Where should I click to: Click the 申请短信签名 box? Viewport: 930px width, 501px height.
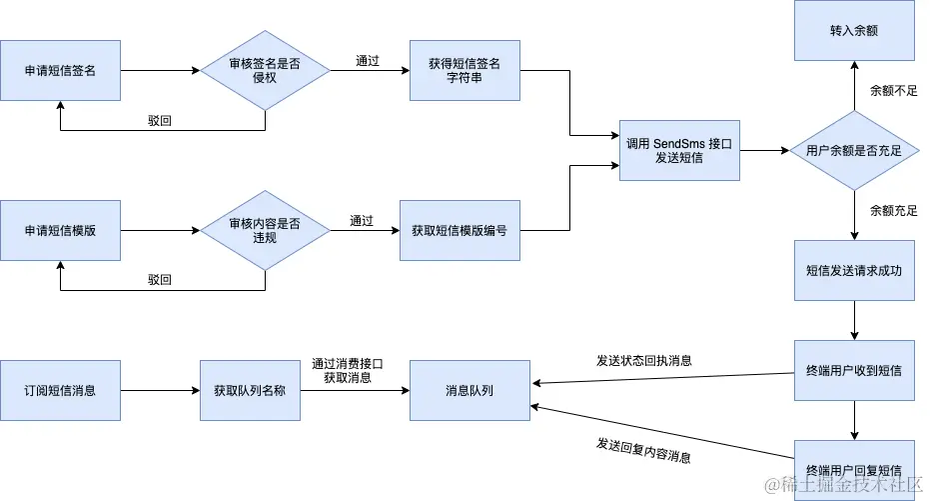60,70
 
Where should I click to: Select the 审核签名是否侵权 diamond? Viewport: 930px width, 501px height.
265,70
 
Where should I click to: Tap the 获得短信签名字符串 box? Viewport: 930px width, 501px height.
469,70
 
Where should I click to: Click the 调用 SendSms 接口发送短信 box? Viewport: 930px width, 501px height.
679,150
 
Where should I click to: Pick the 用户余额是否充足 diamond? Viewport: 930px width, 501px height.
854,150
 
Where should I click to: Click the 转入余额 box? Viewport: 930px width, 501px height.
854,31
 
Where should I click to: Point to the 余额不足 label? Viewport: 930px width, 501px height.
893,91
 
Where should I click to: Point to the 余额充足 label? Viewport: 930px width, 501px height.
893,211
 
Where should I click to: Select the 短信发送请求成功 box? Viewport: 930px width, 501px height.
854,270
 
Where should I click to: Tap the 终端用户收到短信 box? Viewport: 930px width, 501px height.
854,370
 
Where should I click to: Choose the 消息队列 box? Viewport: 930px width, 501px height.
469,390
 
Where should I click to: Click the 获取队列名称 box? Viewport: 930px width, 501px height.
250,390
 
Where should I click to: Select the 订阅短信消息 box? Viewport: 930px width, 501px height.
60,390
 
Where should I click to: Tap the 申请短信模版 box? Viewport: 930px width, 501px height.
60,230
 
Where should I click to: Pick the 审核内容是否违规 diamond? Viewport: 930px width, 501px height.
265,230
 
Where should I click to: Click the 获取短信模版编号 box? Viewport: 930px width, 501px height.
460,230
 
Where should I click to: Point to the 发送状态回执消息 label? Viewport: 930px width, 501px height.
644,360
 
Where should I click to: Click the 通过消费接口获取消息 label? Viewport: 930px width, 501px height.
348,370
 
